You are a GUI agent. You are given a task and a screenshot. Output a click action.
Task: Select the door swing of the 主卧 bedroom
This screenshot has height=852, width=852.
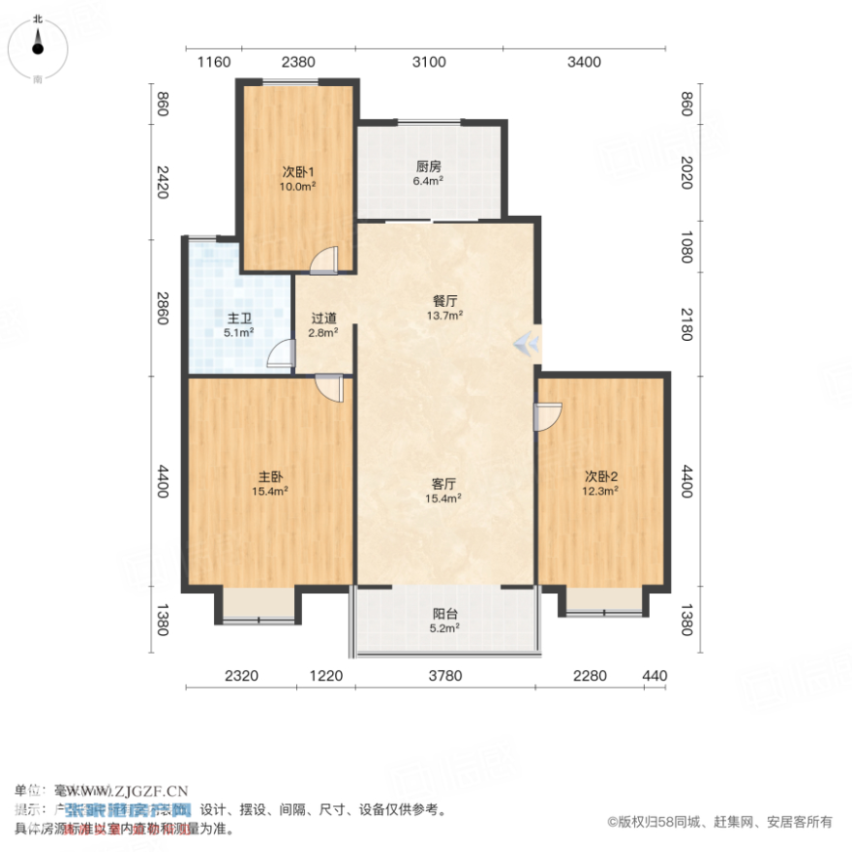pyautogui.click(x=329, y=388)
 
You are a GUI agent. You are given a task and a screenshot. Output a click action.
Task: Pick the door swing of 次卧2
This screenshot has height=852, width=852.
pyautogui.click(x=548, y=417)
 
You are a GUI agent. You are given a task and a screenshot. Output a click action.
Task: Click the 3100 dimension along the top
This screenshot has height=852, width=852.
pyautogui.click(x=429, y=62)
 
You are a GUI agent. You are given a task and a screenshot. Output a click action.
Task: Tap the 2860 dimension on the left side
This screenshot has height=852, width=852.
pyautogui.click(x=162, y=306)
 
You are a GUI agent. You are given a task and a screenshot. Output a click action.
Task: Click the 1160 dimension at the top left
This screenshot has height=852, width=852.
pyautogui.click(x=214, y=62)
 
